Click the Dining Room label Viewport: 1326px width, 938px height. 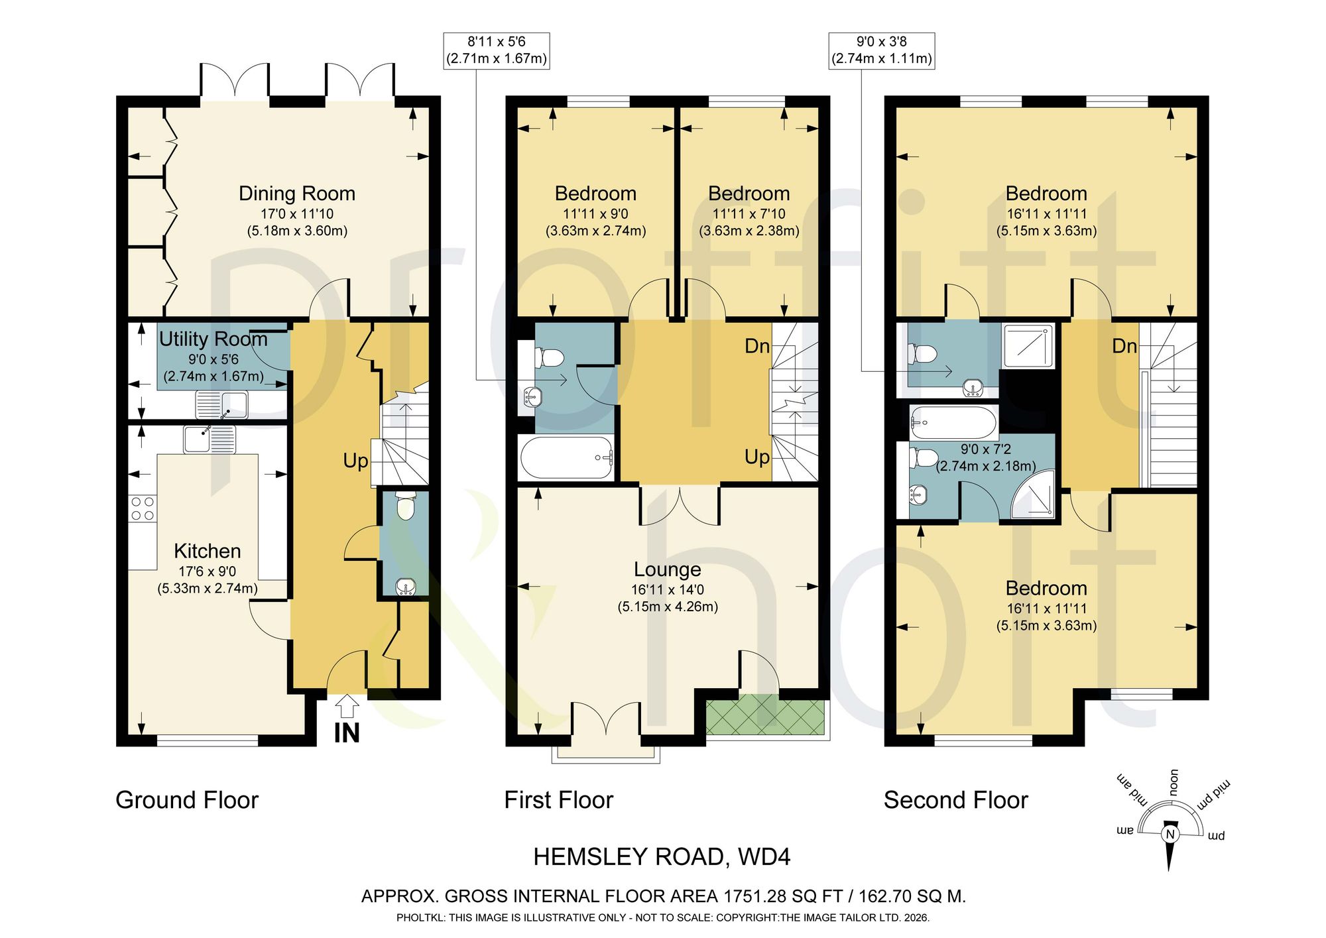coord(297,194)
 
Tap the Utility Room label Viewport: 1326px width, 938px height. coord(213,339)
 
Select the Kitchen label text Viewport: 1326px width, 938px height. coord(208,551)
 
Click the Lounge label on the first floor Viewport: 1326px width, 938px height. coord(668,569)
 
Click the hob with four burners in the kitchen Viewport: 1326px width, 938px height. coord(143,508)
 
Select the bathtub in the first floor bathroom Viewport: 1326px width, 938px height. coord(567,457)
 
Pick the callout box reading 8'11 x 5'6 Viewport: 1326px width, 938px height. coord(497,50)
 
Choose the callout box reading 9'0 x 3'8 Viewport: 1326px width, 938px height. coord(882,50)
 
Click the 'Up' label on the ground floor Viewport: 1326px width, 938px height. coord(355,461)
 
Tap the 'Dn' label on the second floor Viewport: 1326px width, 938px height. coord(1124,346)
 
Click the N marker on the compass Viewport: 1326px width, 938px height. coord(1170,834)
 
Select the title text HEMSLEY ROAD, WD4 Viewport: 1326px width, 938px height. coord(662,857)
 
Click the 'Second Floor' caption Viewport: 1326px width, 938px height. coord(955,800)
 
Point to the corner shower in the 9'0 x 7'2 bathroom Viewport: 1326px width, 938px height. coord(1032,495)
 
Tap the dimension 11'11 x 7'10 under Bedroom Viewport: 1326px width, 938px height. coord(749,214)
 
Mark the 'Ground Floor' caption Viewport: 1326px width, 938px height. coord(187,800)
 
